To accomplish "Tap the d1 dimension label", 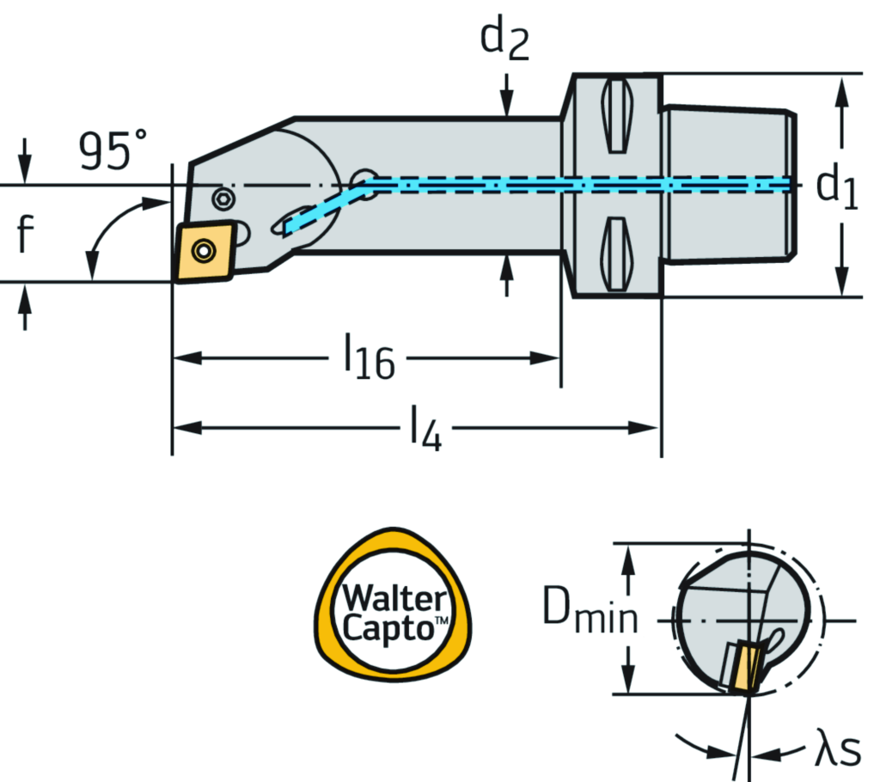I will (837, 186).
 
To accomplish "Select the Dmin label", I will (590, 614).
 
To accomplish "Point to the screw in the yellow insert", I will (204, 251).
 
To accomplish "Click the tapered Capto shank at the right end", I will (730, 185).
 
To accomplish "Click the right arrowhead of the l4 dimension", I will (650, 427).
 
